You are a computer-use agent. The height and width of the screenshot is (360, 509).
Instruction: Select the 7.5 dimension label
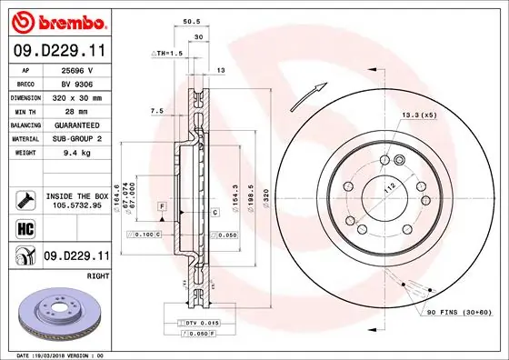(155, 111)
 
